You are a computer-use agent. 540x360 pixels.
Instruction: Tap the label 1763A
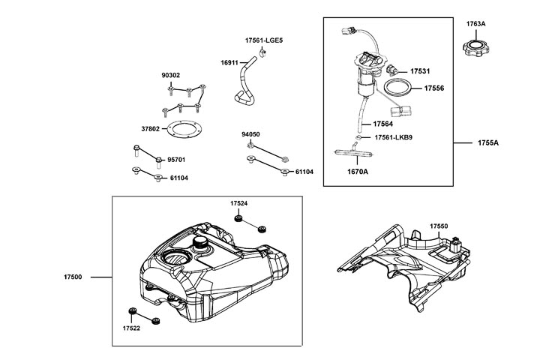tap(476, 25)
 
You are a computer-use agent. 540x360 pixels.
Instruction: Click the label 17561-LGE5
tap(263, 39)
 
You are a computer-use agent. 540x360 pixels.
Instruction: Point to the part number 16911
tap(230, 63)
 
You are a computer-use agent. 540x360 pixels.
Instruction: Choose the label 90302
tap(171, 76)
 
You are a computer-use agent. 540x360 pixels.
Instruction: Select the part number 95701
tap(176, 160)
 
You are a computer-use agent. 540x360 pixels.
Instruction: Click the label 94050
tap(250, 134)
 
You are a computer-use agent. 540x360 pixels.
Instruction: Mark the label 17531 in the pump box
tap(420, 71)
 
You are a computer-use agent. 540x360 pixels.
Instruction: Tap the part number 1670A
tap(357, 172)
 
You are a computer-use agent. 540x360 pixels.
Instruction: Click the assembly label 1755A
tap(487, 142)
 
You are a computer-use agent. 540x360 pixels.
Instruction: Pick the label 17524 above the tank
tap(238, 203)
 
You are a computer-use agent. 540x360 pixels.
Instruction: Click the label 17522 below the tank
tap(133, 328)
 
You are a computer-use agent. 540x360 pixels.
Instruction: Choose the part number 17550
tap(439, 226)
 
